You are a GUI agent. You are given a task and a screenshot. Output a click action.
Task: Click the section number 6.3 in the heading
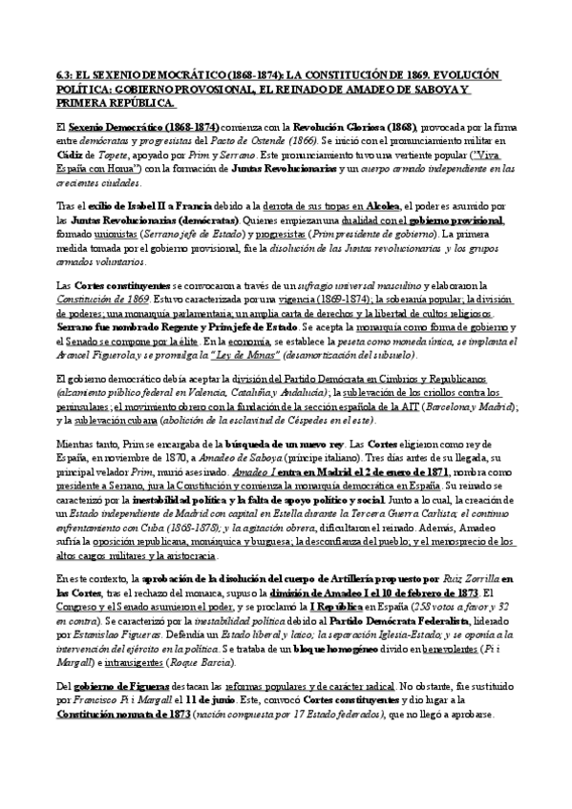(x=67, y=74)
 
